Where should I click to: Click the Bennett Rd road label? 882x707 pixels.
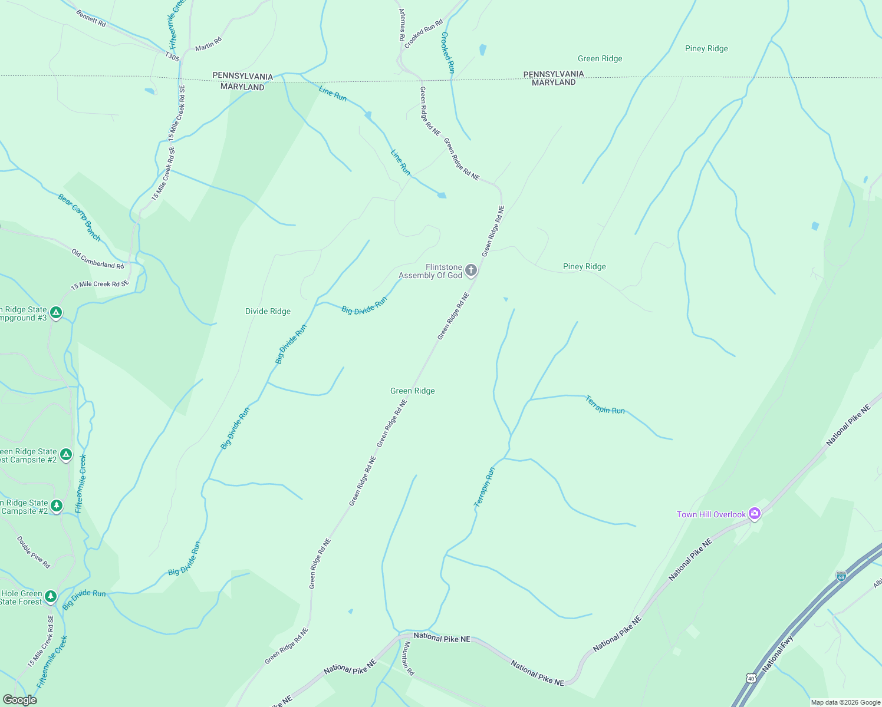pos(91,18)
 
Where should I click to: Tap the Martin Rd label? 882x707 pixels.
pos(208,43)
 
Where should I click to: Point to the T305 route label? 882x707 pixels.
pos(172,57)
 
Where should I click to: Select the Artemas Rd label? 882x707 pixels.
pos(402,25)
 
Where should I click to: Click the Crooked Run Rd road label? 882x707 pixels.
pos(423,34)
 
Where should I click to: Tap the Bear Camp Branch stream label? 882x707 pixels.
pos(80,217)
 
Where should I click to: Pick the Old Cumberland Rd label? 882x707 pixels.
pos(98,259)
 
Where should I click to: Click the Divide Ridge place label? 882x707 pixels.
pos(268,311)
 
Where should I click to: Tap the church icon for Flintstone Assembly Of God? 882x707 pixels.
pos(470,270)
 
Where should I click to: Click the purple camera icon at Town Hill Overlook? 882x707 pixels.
pos(755,514)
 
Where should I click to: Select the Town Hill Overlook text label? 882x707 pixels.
pos(711,514)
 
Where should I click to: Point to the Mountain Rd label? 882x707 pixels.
pos(408,659)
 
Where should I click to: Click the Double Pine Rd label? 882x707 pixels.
pos(34,552)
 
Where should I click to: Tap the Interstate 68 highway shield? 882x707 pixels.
pos(841,576)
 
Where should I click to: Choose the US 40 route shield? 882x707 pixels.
pos(751,678)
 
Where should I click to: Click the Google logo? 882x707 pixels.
pos(19,700)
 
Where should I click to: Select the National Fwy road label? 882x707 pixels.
pos(778,654)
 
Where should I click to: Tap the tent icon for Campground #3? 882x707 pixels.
pos(56,312)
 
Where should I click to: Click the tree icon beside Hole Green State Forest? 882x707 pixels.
pos(51,597)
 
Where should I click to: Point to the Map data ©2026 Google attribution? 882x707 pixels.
pos(845,702)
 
